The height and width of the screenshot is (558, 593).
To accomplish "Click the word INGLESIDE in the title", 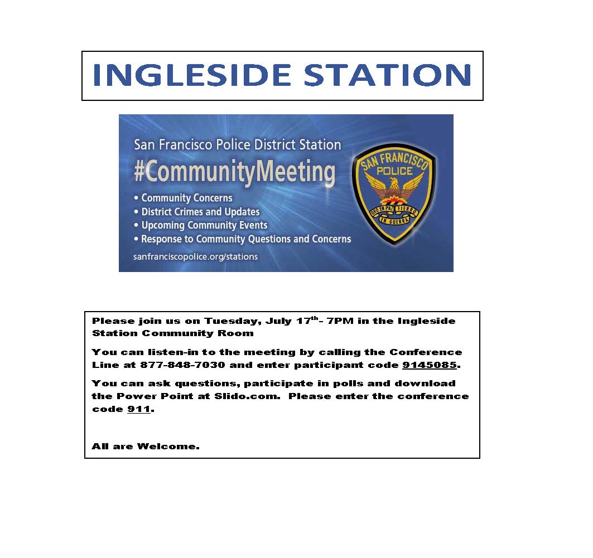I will coord(191,75).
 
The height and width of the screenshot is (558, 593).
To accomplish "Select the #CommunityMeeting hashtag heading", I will coord(234,172).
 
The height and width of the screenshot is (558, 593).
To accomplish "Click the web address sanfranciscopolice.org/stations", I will coord(195,257).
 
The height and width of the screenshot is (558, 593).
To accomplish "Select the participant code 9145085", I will coord(429,365).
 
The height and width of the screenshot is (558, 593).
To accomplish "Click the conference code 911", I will coord(139,409).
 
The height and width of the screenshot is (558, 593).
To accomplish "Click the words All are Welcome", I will coord(145,447).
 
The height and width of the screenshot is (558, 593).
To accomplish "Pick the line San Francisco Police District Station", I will coord(237,145).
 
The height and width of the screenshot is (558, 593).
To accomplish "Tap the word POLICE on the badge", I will coord(394,171).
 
